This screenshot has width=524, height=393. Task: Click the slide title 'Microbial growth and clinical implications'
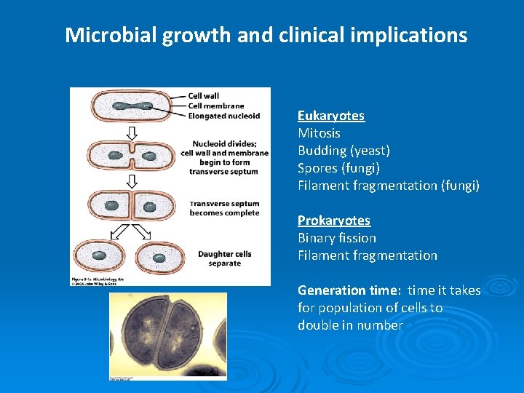tap(266, 35)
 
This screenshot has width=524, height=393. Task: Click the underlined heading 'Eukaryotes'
tap(331, 116)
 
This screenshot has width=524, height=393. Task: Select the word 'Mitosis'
tap(319, 133)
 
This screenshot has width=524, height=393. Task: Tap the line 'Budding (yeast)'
tap(344, 151)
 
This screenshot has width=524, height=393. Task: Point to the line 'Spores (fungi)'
tap(340, 168)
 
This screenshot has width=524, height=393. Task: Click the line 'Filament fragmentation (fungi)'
tap(389, 186)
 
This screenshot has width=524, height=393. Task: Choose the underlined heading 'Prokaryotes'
tap(334, 221)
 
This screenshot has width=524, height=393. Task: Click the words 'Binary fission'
tap(337, 238)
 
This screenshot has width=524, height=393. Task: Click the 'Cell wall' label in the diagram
tap(203, 96)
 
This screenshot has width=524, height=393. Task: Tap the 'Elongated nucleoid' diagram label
tap(223, 115)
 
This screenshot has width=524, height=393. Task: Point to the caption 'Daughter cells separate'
tap(224, 258)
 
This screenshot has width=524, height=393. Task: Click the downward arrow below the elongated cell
tap(132, 133)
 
